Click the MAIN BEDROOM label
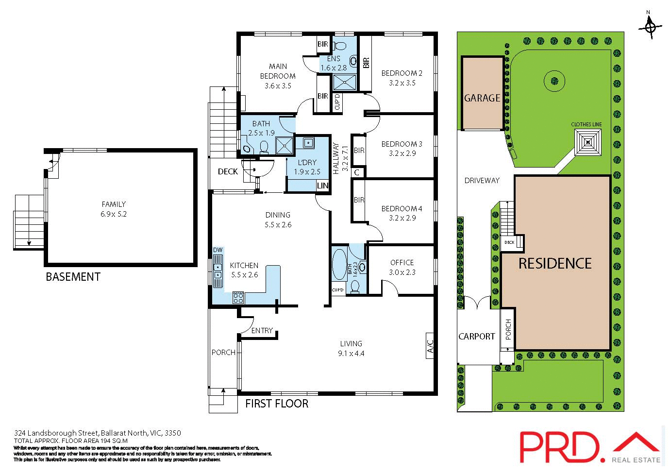pyautogui.click(x=278, y=71)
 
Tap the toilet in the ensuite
pyautogui.click(x=340, y=46)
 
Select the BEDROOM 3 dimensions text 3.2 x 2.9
pyautogui.click(x=402, y=153)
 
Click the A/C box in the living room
pyautogui.click(x=430, y=346)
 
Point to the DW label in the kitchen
pyautogui.click(x=218, y=250)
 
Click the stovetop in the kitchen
pyautogui.click(x=238, y=297)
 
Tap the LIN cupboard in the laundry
pyautogui.click(x=322, y=186)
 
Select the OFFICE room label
pyautogui.click(x=402, y=262)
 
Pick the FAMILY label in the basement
pyautogui.click(x=114, y=204)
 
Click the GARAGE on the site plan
pyautogui.click(x=482, y=98)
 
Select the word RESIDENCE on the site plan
pyautogui.click(x=555, y=264)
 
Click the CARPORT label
pyautogui.click(x=476, y=336)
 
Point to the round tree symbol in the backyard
pyautogui.click(x=554, y=81)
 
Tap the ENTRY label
pyautogui.click(x=262, y=331)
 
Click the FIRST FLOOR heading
pyautogui.click(x=276, y=404)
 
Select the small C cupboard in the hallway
pyautogui.click(x=357, y=172)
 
